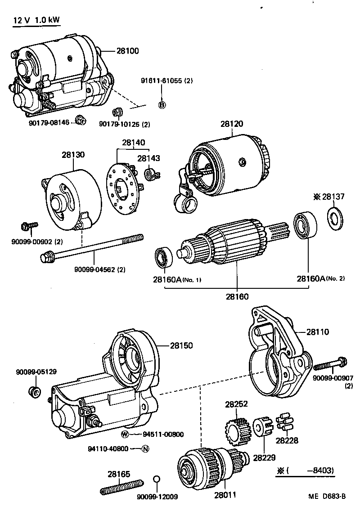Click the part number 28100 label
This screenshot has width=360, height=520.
tap(128, 51)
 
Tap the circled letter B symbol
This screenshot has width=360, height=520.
tap(162, 105)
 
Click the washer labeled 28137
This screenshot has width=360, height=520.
tap(333, 219)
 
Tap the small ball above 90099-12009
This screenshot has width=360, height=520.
tap(157, 479)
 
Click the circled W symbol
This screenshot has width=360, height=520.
tap(126, 434)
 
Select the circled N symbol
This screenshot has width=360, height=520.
tap(145, 448)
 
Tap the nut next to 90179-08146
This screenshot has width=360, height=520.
tap(81, 120)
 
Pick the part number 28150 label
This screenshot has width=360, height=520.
tap(181, 345)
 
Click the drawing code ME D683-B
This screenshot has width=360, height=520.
tap(327, 497)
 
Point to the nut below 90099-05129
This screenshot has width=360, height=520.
tap(35, 391)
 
